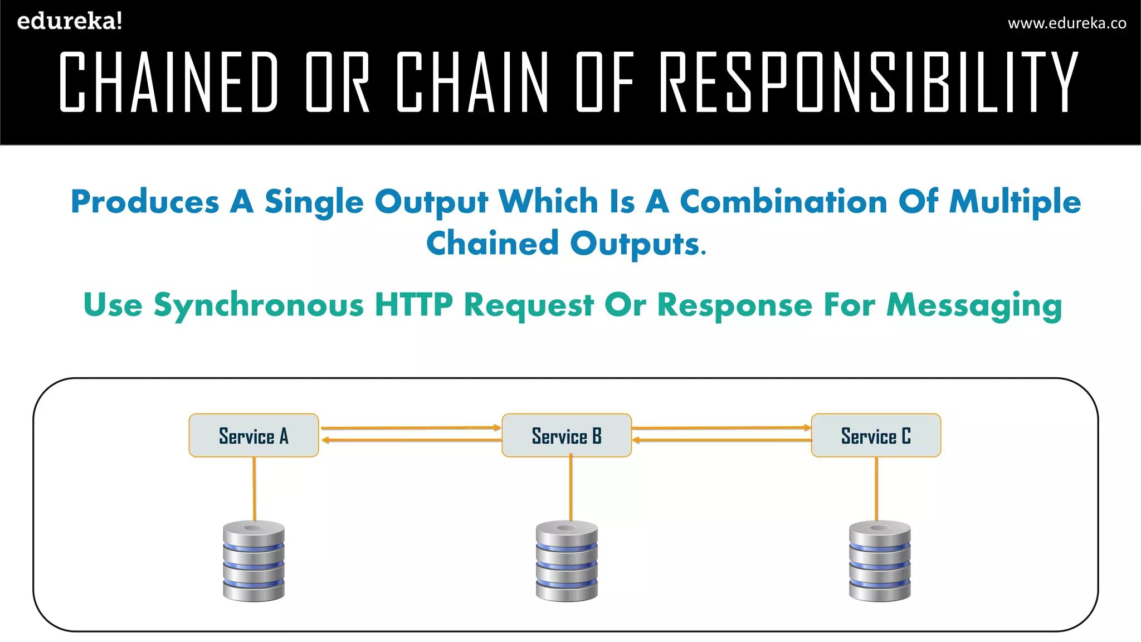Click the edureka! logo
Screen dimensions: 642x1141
[x=70, y=21]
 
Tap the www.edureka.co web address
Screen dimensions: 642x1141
[x=1067, y=23]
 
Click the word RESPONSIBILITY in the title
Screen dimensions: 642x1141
[x=869, y=81]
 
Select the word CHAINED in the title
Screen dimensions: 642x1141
[x=168, y=81]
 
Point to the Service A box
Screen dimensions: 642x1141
[x=253, y=435]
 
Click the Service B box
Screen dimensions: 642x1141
[x=567, y=435]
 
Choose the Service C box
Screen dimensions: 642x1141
[x=876, y=435]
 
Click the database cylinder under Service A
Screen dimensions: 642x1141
[x=253, y=561]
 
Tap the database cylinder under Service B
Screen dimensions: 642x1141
[x=567, y=561]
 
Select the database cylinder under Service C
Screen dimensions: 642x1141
[x=880, y=561]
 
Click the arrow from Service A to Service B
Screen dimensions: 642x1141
[x=411, y=428]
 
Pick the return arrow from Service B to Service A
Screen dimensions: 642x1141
[x=411, y=440]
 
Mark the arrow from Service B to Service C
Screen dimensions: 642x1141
[x=721, y=428]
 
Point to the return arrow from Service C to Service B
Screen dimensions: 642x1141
[x=721, y=440]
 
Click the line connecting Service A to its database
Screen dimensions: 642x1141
[x=255, y=488]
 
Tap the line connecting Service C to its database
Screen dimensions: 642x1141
[x=876, y=488]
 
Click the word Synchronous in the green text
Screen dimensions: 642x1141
[x=259, y=305]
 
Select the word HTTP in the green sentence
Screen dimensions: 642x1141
[x=413, y=305]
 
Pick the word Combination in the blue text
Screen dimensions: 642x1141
[x=783, y=201]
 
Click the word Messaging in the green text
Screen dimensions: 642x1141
[x=974, y=305]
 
